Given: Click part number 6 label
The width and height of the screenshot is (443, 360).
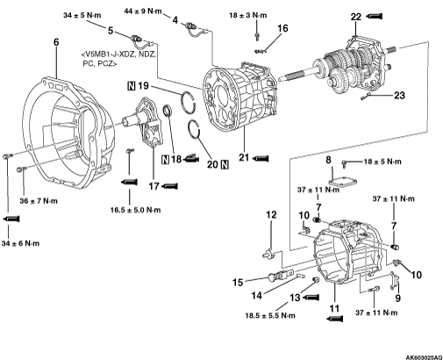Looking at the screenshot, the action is pyautogui.click(x=56, y=42).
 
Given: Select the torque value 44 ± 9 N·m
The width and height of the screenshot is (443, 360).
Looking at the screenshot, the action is pyautogui.click(x=143, y=11).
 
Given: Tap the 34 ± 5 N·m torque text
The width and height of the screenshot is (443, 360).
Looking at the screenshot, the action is pyautogui.click(x=82, y=15).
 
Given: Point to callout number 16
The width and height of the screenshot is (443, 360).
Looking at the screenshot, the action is pyautogui.click(x=282, y=28).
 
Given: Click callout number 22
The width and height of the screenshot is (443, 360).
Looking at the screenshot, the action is pyautogui.click(x=356, y=17).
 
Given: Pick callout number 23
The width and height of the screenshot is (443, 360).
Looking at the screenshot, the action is pyautogui.click(x=399, y=95).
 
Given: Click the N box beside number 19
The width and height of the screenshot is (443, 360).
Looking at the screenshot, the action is pyautogui.click(x=132, y=86).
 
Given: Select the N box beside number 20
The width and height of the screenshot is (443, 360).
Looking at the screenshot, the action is pyautogui.click(x=225, y=165).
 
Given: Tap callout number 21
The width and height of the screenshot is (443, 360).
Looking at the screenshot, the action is pyautogui.click(x=244, y=157).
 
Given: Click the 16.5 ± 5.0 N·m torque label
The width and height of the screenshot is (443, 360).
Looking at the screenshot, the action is pyautogui.click(x=136, y=210).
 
